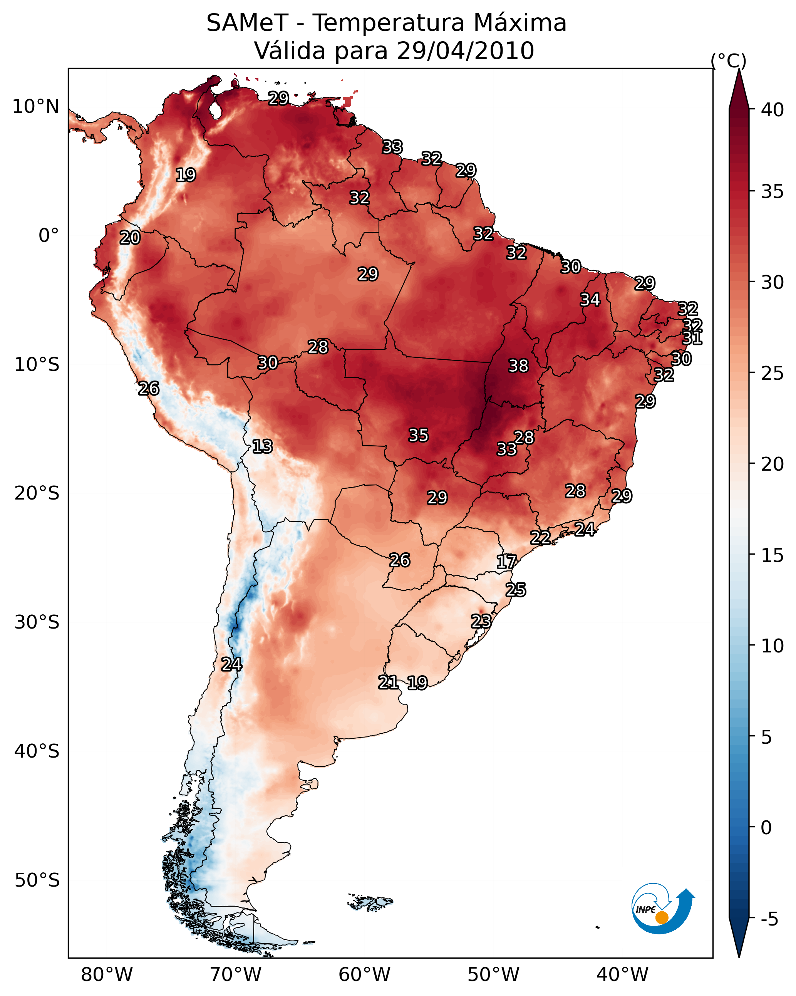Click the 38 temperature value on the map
[x=518, y=366]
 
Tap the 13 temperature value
[x=262, y=446]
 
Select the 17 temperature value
[x=506, y=562]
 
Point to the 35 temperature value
[x=419, y=435]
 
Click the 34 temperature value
[x=590, y=300]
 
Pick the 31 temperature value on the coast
[x=692, y=339]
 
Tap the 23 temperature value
[x=481, y=621]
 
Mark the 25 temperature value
[x=516, y=590]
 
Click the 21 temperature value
[x=388, y=682]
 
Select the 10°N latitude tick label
[x=35, y=107]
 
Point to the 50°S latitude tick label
[x=37, y=880]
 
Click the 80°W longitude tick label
[x=107, y=975]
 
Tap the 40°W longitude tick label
[x=622, y=975]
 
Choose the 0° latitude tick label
[x=49, y=236]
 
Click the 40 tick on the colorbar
[x=773, y=110]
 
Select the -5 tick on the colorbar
[x=769, y=919]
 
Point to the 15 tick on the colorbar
[x=773, y=555]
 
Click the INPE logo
[x=662, y=909]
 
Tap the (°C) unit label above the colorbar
[x=729, y=60]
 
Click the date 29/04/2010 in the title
[x=465, y=51]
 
